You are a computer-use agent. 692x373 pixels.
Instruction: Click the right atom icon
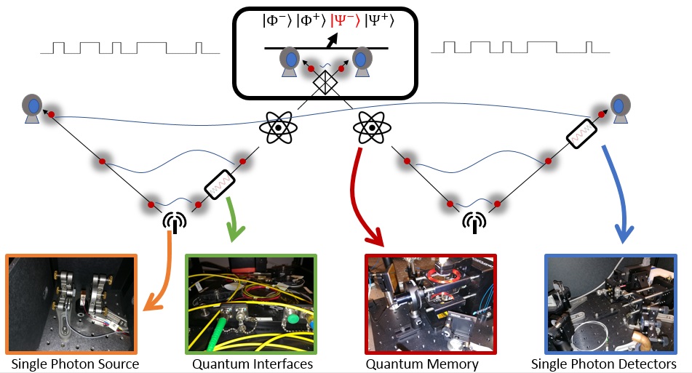click(372, 127)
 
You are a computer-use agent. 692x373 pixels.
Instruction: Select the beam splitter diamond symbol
click(325, 82)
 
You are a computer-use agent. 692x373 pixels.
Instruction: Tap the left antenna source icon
click(175, 222)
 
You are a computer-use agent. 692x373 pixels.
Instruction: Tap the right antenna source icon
click(474, 222)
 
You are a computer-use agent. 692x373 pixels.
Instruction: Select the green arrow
click(233, 219)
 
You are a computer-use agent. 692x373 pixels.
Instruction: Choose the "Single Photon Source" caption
click(75, 364)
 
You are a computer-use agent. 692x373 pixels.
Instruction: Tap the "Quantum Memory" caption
click(422, 364)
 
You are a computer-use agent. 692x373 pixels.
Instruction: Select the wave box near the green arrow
click(219, 184)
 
